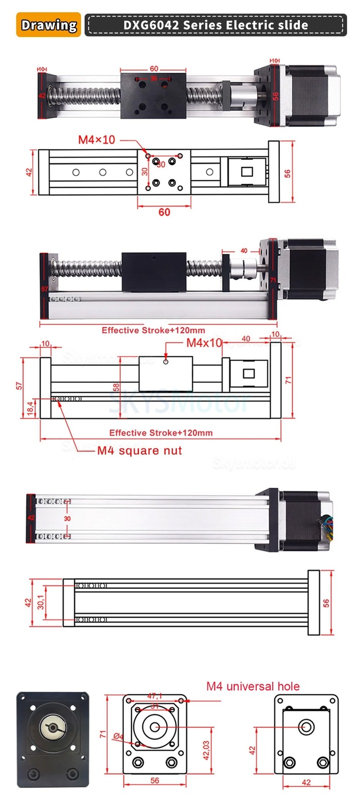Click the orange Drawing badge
pyautogui.click(x=49, y=25)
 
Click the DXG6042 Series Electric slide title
pyautogui.click(x=216, y=25)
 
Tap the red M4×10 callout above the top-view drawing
pyautogui.click(x=96, y=139)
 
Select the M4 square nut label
pyautogui.click(x=139, y=450)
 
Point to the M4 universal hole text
pyautogui.click(x=253, y=686)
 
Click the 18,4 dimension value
pyautogui.click(x=30, y=408)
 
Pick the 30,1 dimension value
pyautogui.click(x=41, y=597)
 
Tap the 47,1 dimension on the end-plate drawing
pyautogui.click(x=154, y=696)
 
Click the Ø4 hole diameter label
pyautogui.click(x=118, y=736)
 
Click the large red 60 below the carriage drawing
pyautogui.click(x=164, y=212)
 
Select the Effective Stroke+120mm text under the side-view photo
pyautogui.click(x=153, y=330)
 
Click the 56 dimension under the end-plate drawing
pyautogui.click(x=154, y=780)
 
